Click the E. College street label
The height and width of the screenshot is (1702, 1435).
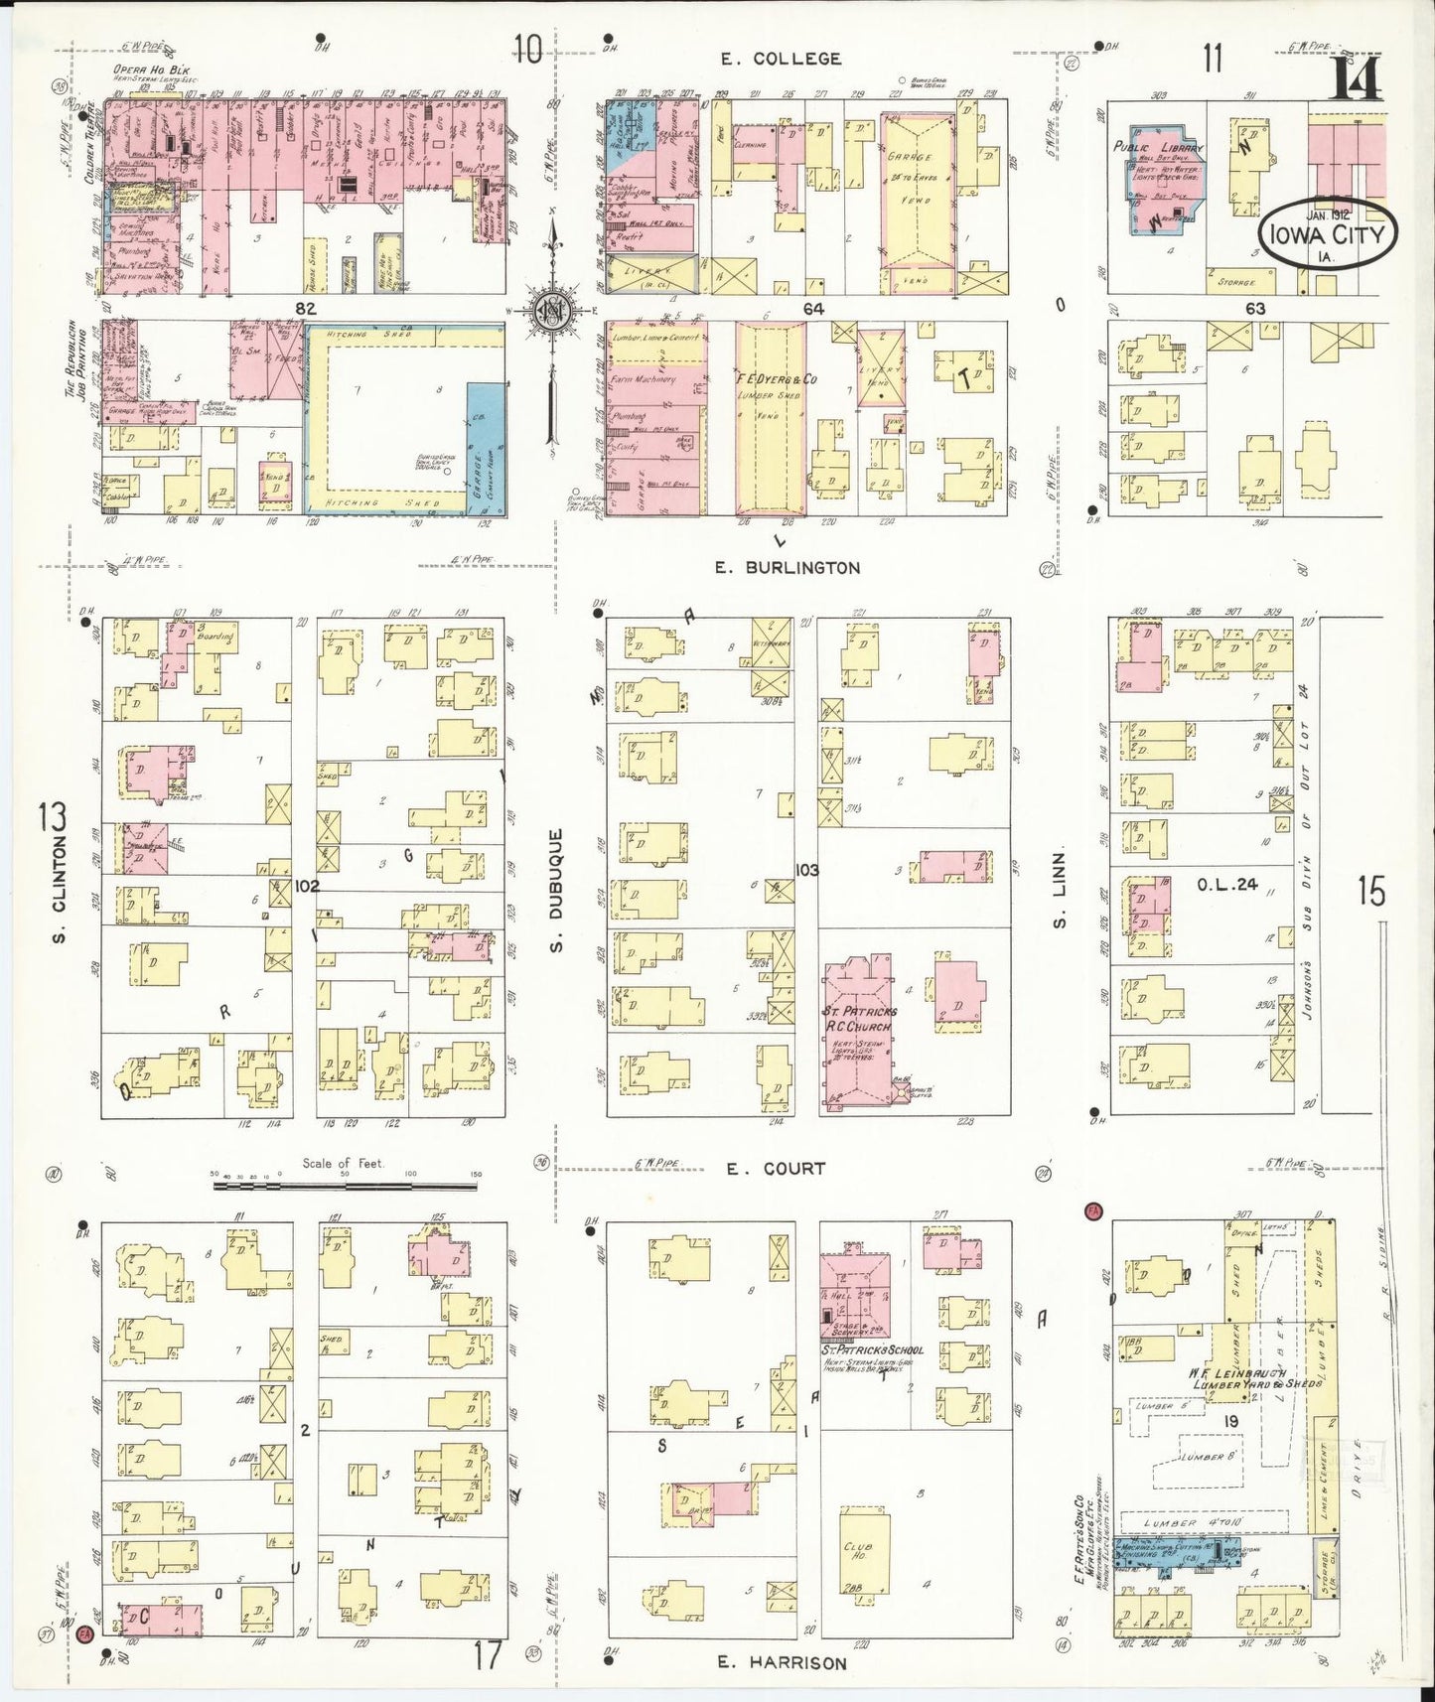pos(781,59)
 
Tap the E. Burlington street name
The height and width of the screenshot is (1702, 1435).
pos(788,568)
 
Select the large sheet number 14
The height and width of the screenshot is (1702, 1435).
pos(1355,77)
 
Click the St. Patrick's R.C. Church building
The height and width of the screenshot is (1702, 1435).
pos(860,1033)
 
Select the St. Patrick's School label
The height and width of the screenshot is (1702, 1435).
pos(872,1349)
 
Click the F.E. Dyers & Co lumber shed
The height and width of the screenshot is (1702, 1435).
pos(771,417)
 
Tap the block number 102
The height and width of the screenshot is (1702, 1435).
pos(307,885)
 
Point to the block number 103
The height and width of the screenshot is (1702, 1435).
pos(806,870)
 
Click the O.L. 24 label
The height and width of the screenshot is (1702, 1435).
pos(1228,884)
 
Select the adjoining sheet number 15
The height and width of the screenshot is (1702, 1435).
pos(1370,892)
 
